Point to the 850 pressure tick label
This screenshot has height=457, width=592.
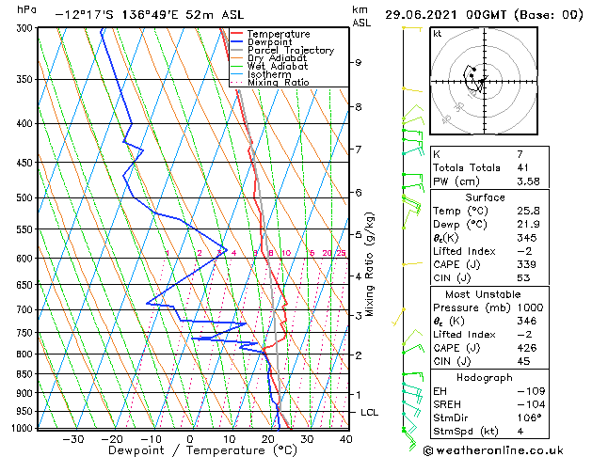(x=25, y=374)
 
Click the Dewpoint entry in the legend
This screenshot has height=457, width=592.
(x=272, y=42)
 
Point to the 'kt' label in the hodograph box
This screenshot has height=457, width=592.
(x=438, y=33)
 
